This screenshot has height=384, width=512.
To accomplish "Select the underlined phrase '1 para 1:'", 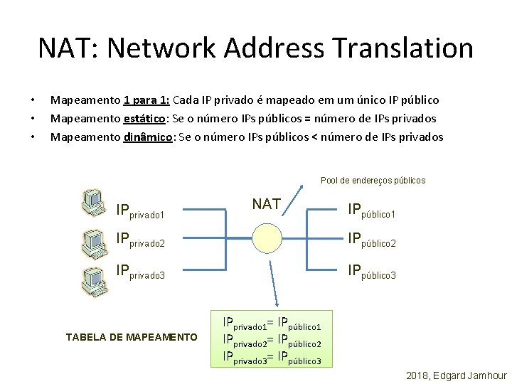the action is [145, 100].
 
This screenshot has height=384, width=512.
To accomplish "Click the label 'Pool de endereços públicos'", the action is [373, 181].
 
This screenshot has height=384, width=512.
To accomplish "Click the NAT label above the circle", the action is [266, 204].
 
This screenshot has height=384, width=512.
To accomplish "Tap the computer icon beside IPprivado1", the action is [93, 203].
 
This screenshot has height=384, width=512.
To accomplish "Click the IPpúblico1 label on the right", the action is [371, 210].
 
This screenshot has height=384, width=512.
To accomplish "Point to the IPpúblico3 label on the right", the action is [371, 272].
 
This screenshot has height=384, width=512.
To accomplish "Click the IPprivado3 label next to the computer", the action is [140, 272].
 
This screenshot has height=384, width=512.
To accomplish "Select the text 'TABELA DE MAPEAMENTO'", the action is [132, 336].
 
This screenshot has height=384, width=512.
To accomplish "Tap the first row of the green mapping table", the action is [272, 324].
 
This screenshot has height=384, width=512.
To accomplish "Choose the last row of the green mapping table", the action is [272, 357].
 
